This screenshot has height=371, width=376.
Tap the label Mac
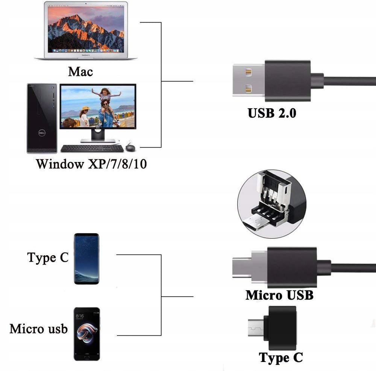point(80,71)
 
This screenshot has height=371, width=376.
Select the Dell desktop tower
point(42,118)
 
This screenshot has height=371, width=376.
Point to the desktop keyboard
point(92,148)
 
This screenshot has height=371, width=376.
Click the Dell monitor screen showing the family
point(98,107)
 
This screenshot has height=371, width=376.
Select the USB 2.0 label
point(272,113)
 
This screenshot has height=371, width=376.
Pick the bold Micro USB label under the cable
point(279,295)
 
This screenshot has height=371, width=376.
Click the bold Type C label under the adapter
point(280,357)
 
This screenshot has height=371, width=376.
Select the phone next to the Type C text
point(86,259)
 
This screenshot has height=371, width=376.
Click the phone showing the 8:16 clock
point(87,334)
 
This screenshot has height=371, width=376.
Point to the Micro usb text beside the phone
point(38,329)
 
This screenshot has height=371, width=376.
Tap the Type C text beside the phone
point(48,257)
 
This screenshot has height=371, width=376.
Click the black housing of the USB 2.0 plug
point(288,80)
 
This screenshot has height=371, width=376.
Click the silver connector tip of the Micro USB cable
point(249,267)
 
